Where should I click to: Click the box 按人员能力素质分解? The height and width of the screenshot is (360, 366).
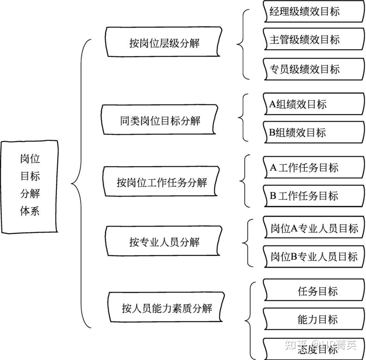click(166, 308)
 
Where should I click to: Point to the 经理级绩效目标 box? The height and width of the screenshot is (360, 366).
click(313, 12)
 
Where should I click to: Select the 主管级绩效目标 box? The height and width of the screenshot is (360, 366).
click(313, 40)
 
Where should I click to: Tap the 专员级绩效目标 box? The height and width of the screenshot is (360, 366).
click(313, 69)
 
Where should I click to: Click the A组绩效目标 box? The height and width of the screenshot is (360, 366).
click(313, 104)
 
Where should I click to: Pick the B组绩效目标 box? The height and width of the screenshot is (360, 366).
click(313, 132)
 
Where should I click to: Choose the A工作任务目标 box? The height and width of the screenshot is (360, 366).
click(313, 168)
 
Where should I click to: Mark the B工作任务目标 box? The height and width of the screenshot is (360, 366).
click(313, 196)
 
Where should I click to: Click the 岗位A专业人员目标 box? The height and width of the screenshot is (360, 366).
click(314, 229)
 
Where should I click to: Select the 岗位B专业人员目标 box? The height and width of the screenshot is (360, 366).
click(314, 257)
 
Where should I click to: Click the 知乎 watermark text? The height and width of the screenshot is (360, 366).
click(297, 345)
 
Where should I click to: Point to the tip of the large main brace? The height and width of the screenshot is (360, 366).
click(72, 184)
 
